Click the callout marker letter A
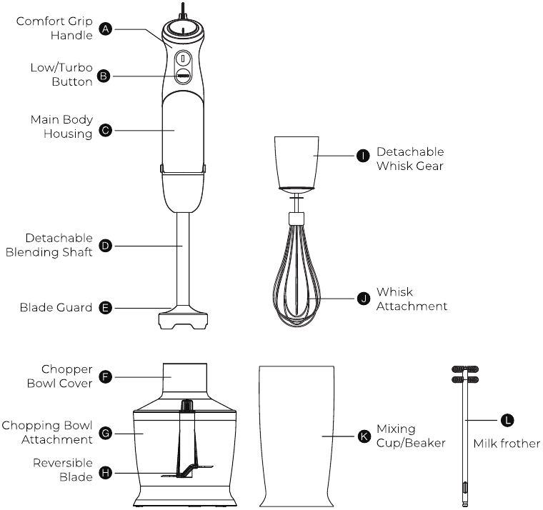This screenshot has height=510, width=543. pyautogui.click(x=106, y=29)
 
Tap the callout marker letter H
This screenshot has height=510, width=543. pyautogui.click(x=106, y=472)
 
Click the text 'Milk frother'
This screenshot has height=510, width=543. pyautogui.click(x=507, y=444)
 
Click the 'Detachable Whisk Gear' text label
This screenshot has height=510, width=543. pyautogui.click(x=410, y=159)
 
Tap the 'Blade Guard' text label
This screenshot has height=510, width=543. pyautogui.click(x=56, y=308)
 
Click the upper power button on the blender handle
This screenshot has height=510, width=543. pyautogui.click(x=183, y=59)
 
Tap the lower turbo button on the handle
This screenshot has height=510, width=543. pyautogui.click(x=183, y=75)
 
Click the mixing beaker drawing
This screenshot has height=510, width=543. pyautogui.click(x=296, y=434)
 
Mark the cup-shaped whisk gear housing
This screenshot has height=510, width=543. pyautogui.click(x=295, y=161)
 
